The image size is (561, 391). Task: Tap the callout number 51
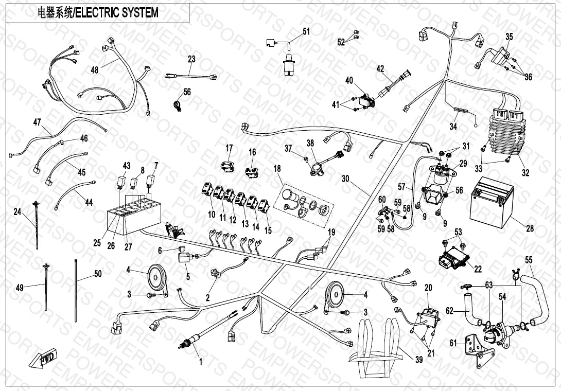[x=306, y=32]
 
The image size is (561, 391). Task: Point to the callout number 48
[x=95, y=69]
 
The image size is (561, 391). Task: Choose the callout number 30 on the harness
[x=345, y=179]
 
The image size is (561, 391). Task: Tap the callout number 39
[x=419, y=360]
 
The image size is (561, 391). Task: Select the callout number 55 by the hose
[x=529, y=259]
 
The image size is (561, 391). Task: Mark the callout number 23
[x=191, y=60]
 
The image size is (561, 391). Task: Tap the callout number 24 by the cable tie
[x=17, y=211]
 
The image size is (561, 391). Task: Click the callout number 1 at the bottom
[x=201, y=362]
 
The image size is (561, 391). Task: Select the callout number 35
[x=509, y=37]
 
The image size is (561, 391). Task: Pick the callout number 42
[x=380, y=68]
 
